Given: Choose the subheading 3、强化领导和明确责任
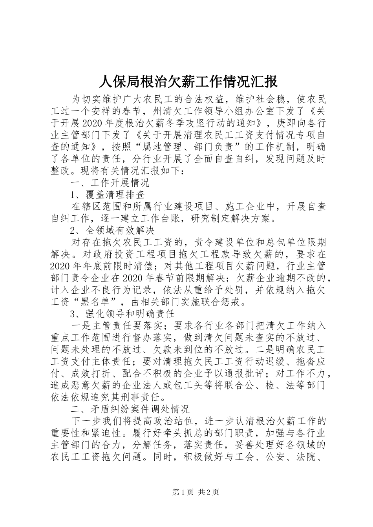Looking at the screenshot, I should click(x=122, y=314).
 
